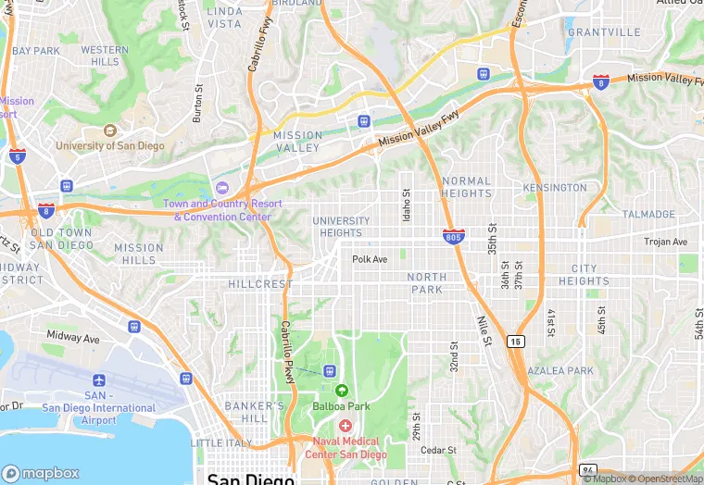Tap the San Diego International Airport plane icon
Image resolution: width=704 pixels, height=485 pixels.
point(99,380)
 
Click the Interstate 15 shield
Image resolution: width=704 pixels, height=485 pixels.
point(516,342)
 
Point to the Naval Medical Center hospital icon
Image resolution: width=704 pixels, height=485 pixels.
point(346,425)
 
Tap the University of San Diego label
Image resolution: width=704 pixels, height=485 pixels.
point(109,145)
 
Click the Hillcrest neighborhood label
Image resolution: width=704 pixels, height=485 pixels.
point(259,284)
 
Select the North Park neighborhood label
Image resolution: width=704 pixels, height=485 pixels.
point(426,283)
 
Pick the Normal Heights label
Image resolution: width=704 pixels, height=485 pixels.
point(467,187)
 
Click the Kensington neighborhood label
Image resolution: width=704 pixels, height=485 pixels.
point(555,187)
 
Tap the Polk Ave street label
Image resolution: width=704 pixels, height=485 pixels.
point(370,259)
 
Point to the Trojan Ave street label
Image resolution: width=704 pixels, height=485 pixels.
point(666,242)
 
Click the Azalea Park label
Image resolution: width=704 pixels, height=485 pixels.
point(560,370)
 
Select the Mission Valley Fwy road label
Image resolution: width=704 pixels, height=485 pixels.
point(419,131)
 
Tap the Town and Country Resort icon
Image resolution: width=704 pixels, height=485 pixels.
point(220,188)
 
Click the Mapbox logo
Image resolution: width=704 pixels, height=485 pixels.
point(41,472)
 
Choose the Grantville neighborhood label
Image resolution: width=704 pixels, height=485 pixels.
point(603,31)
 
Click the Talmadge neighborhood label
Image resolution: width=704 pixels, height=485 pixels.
point(648,214)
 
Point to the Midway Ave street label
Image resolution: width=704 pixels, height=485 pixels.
point(72,338)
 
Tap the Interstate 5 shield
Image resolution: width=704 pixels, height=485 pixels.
point(17,155)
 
